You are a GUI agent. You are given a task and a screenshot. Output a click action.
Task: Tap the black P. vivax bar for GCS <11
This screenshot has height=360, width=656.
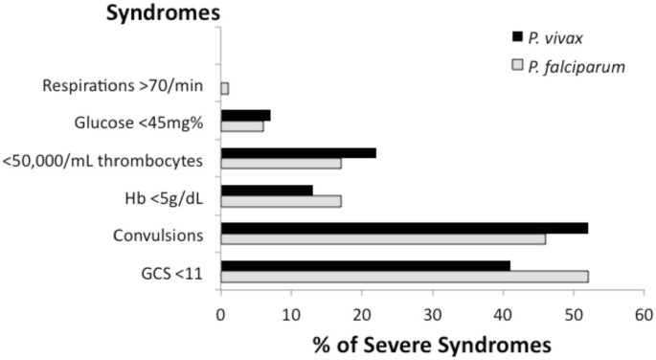click(365, 264)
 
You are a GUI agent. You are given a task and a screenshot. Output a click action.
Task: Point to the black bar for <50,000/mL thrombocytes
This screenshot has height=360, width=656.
click(298, 152)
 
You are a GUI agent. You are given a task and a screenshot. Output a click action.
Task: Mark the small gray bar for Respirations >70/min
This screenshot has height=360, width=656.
click(225, 89)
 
